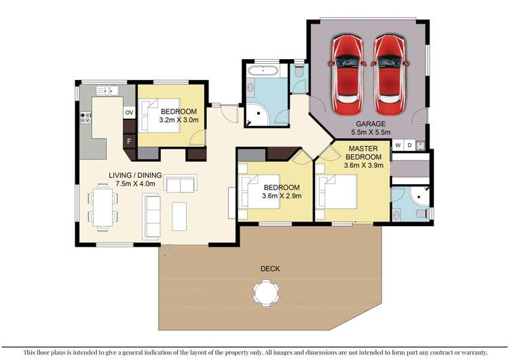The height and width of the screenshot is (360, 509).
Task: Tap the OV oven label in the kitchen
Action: [129, 112]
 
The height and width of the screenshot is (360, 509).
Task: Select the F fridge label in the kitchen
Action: [129, 141]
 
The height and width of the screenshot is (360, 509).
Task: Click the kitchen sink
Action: [107, 90]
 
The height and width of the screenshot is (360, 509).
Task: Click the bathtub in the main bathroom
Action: [261, 70]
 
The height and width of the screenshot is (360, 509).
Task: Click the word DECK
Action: [269, 269]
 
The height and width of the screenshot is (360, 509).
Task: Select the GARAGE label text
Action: [368, 124]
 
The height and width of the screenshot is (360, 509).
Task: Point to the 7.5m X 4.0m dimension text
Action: [136, 183]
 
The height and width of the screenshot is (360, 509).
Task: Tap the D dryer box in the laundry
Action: [410, 145]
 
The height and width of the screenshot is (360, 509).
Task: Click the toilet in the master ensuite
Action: [424, 213]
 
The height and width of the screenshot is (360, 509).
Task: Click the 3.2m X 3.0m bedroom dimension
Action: [178, 120]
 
